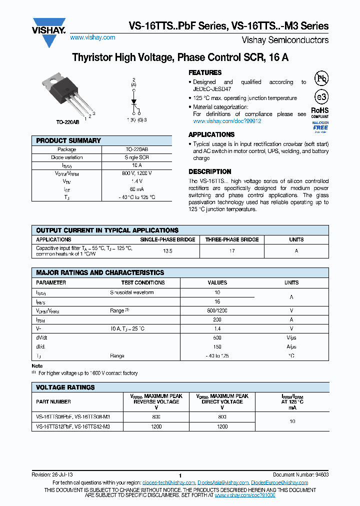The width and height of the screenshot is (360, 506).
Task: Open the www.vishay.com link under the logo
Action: tap(92, 37)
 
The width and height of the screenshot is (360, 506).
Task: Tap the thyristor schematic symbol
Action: tap(133, 101)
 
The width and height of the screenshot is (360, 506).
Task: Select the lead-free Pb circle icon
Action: tap(321, 78)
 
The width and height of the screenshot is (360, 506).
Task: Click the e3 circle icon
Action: tap(321, 97)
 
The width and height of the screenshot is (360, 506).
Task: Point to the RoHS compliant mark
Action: tap(320, 112)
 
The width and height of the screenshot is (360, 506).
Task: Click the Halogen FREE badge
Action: tap(320, 127)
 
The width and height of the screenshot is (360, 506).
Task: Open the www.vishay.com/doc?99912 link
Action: tap(227, 121)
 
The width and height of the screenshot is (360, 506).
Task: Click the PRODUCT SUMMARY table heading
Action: tap(68, 141)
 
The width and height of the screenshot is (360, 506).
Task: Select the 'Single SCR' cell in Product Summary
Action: tap(136, 157)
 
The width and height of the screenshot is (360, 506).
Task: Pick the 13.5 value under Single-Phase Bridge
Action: tap(167, 251)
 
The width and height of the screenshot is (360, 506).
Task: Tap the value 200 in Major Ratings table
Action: tap(217, 319)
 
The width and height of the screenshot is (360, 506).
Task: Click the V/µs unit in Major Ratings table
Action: tap(291, 337)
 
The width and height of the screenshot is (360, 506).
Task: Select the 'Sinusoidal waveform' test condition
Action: tap(132, 292)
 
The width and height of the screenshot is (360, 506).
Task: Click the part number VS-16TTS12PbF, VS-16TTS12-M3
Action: tap(73, 426)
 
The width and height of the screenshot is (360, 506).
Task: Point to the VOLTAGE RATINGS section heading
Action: tap(65, 387)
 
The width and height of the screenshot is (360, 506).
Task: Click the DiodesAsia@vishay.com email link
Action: tap(223, 482)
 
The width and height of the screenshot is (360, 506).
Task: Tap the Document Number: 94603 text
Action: tap(300, 474)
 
